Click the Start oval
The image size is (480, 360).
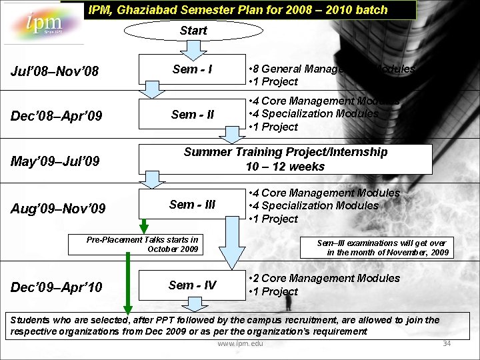[x=193, y=30]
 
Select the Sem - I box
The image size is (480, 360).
[x=193, y=69]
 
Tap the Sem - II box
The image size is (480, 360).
[x=193, y=114]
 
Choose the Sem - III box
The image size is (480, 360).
[x=193, y=205]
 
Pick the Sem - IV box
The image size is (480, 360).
[x=193, y=285]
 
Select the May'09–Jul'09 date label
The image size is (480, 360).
[x=55, y=161]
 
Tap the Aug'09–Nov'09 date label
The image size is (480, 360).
[x=59, y=209]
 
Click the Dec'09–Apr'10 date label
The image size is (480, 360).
[x=57, y=287]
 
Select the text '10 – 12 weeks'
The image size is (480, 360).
[x=285, y=167]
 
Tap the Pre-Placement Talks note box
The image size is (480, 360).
[x=143, y=244]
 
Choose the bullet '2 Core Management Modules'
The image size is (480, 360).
[x=327, y=278]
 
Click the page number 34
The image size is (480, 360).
[x=447, y=343]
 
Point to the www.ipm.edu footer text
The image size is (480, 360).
[x=240, y=344]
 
